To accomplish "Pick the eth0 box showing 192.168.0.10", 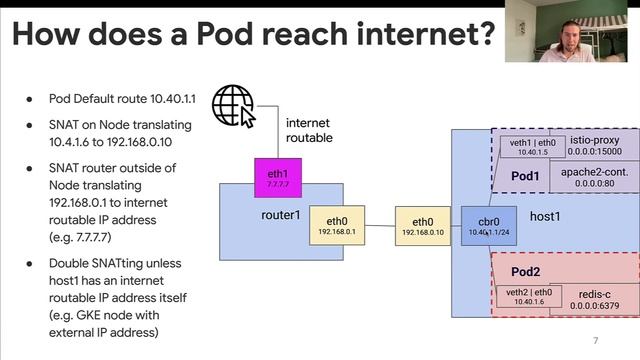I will [423, 226].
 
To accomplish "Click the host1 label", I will [544, 216].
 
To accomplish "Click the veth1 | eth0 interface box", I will [527, 147].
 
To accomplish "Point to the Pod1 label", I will [527, 176].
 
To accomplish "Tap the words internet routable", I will [309, 130].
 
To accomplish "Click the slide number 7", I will [596, 340].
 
